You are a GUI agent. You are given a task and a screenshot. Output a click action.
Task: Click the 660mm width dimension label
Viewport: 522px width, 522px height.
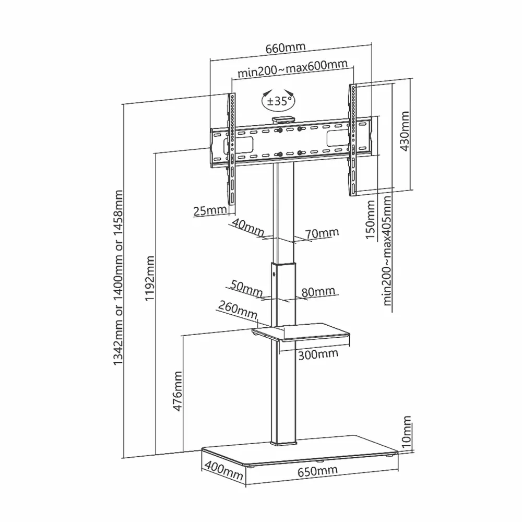(x=286, y=48)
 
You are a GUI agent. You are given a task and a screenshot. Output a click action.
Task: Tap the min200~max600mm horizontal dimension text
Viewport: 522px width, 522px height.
(x=292, y=68)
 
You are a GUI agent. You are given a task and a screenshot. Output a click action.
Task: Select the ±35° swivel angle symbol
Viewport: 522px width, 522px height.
(x=278, y=100)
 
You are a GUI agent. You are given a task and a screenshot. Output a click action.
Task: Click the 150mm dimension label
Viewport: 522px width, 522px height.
(x=370, y=219)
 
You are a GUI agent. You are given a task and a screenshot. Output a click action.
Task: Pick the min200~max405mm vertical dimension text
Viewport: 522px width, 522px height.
(x=387, y=251)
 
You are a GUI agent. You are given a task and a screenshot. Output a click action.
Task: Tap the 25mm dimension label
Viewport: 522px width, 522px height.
(x=210, y=210)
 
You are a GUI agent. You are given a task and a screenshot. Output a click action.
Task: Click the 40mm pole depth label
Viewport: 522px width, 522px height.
(x=247, y=227)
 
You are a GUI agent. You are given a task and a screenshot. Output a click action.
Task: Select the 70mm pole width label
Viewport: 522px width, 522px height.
(x=322, y=233)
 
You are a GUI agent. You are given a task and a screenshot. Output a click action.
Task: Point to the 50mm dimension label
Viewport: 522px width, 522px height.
(x=246, y=289)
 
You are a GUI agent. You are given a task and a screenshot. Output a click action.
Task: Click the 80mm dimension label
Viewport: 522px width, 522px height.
(x=318, y=292)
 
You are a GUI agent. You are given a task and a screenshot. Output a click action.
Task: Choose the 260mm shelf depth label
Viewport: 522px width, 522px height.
(x=238, y=310)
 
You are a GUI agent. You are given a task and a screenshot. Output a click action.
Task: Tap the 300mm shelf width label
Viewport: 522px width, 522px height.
(x=318, y=354)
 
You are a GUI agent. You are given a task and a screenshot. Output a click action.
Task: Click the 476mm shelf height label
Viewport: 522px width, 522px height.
(x=177, y=391)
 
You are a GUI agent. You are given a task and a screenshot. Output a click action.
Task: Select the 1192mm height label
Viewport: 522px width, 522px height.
(x=149, y=278)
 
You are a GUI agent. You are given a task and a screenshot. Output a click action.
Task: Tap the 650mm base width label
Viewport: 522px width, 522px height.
(x=317, y=471)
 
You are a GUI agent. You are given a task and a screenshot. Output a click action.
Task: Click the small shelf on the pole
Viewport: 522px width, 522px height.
(x=301, y=332)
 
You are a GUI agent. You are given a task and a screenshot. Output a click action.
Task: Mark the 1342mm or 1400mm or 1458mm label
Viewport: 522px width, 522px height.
(x=118, y=278)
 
